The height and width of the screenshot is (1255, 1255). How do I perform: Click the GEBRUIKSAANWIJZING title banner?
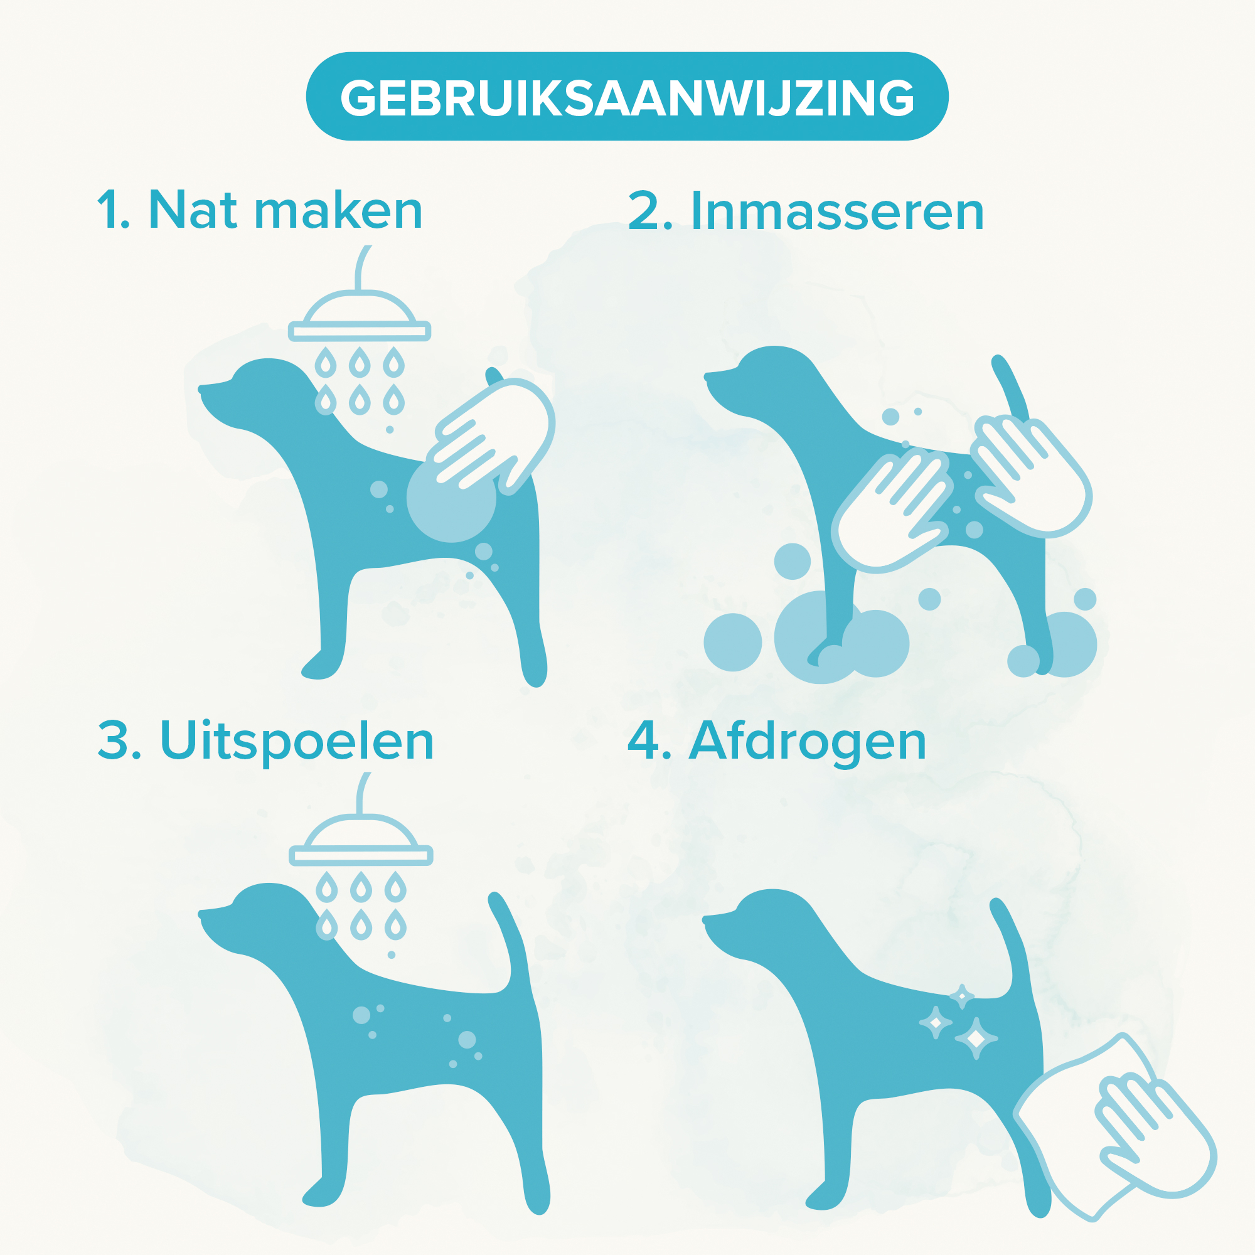[x=627, y=96]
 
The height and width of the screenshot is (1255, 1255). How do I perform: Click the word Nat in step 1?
[x=193, y=210]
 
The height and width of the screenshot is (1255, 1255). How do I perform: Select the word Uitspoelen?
[x=296, y=741]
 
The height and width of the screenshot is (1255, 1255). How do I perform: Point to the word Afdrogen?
[x=807, y=741]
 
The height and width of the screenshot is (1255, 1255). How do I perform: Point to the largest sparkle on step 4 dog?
[x=976, y=1039]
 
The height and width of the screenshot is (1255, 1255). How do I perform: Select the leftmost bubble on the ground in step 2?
[x=733, y=643]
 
